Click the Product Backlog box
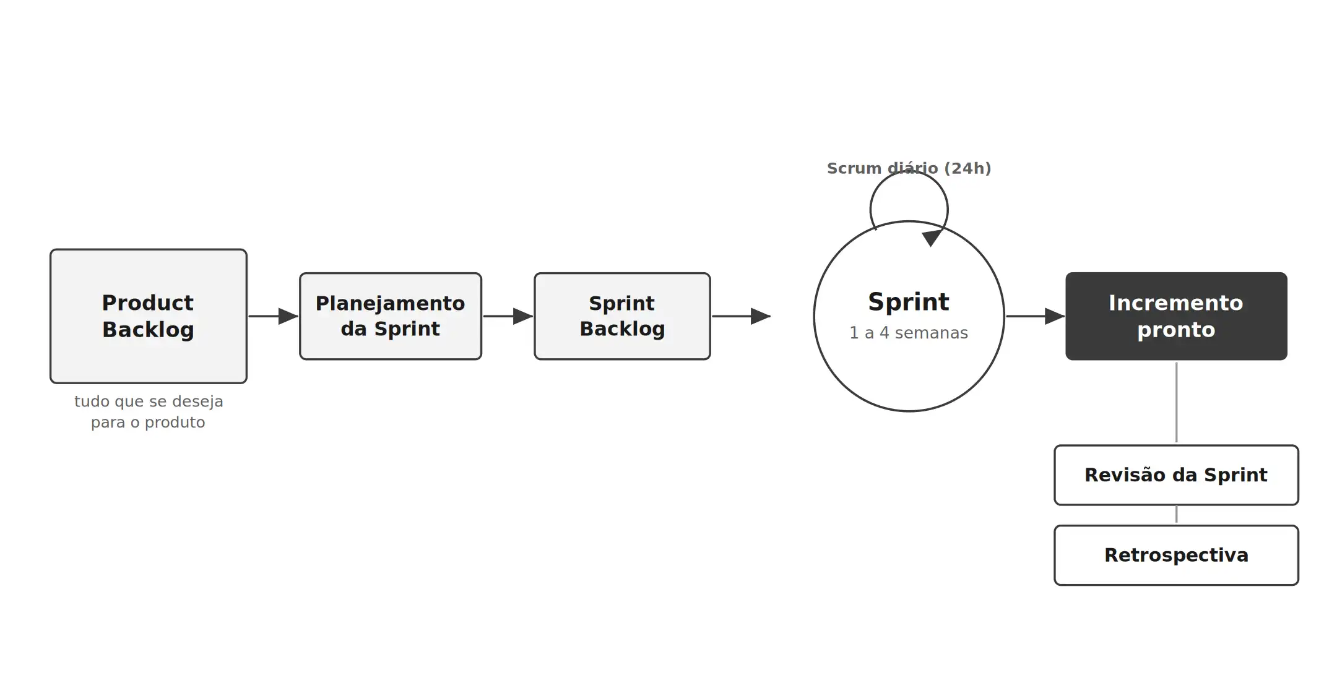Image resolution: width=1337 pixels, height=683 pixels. click(x=149, y=316)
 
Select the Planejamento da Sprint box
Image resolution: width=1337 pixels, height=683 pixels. click(x=391, y=316)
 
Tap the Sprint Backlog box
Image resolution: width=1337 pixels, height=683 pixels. click(x=622, y=316)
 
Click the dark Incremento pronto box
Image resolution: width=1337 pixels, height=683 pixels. click(x=1176, y=316)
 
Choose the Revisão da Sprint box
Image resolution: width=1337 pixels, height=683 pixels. click(x=1176, y=475)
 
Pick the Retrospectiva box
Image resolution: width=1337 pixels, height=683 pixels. click(x=1176, y=555)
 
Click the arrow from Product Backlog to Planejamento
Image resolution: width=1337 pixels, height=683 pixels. click(x=274, y=316)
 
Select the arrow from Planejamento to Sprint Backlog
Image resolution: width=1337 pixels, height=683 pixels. click(x=508, y=316)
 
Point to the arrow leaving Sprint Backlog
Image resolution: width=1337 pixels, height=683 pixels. click(x=742, y=316)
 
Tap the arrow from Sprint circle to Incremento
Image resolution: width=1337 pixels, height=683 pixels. click(x=1036, y=316)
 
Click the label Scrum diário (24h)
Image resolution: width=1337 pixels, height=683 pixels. click(x=909, y=168)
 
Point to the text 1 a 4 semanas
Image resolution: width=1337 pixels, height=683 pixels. click(x=909, y=333)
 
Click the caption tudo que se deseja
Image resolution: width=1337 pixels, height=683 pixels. click(x=149, y=402)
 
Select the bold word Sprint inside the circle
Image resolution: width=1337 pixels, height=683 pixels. click(x=909, y=302)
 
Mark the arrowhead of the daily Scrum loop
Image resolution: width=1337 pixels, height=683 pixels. click(x=932, y=238)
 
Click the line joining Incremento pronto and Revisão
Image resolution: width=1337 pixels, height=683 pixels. click(x=1176, y=403)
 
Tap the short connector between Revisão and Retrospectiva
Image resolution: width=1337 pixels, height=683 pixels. click(x=1176, y=514)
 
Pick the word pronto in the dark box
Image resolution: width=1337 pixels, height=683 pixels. click(x=1176, y=330)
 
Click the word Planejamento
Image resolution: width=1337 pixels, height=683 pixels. click(x=391, y=304)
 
